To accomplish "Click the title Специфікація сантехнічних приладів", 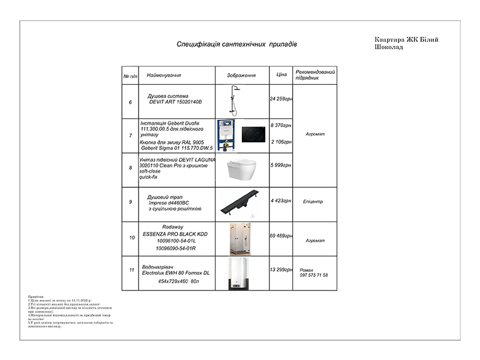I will point(236,45).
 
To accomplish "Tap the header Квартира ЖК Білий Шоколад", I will point(406,43).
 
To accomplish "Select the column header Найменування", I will point(164,76).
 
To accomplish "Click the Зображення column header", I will point(242,76).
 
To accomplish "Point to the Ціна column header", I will point(281,75).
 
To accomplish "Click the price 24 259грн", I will point(281,98).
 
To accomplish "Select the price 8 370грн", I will point(281,125).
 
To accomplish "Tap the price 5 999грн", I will point(281,165).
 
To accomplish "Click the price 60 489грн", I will point(281,236).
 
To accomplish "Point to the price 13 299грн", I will point(281,270).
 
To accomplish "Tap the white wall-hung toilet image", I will point(242,169).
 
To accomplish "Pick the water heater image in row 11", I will point(241,274).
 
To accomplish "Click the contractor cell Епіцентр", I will point(313,202).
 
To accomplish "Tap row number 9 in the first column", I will point(130,202).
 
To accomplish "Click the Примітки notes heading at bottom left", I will point(36,297).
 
